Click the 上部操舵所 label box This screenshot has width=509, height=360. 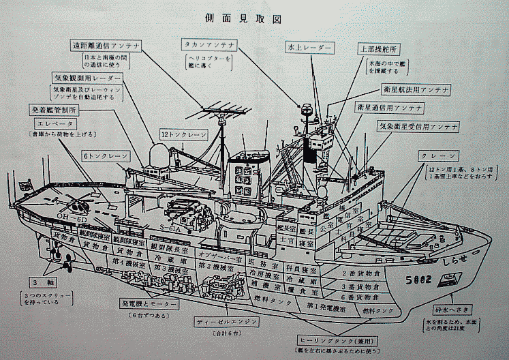point(378,49)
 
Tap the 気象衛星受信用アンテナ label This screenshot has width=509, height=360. point(418,127)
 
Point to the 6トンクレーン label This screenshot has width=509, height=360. point(105,156)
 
